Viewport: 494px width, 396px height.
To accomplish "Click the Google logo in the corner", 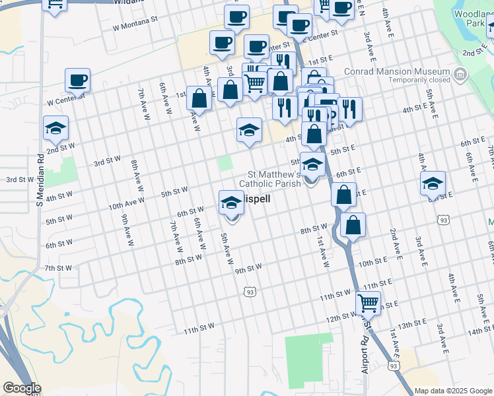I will click(x=22, y=388).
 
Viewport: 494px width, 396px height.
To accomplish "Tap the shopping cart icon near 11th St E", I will click(x=368, y=303).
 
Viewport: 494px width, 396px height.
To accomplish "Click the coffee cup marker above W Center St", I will click(x=77, y=81).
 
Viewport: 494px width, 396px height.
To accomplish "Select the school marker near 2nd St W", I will click(x=55, y=128).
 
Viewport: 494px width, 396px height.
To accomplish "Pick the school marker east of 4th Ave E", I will click(x=433, y=183).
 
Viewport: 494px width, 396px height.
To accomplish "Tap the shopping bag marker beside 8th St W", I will click(x=353, y=226).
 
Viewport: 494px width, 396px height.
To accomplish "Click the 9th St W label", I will click(x=248, y=267).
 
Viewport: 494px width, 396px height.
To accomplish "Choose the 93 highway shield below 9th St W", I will click(x=249, y=291).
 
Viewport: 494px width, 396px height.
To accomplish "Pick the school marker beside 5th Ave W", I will click(x=231, y=201).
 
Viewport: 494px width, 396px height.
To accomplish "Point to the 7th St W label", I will click(x=58, y=268).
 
